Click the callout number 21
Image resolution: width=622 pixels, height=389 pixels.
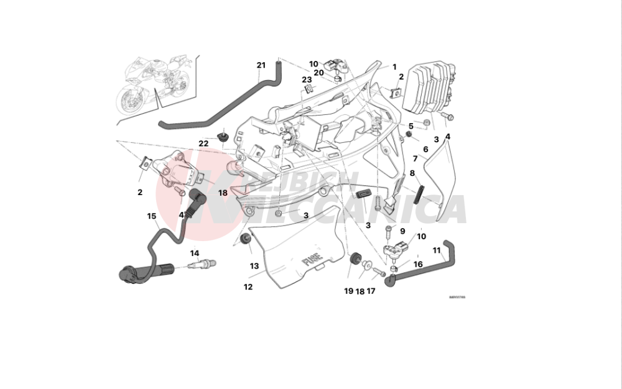pyautogui.click(x=261, y=65)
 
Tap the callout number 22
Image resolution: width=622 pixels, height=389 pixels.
pyautogui.click(x=203, y=144)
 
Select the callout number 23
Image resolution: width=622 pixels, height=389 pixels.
pyautogui.click(x=307, y=80)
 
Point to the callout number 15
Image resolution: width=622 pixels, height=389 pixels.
pyautogui.click(x=152, y=216)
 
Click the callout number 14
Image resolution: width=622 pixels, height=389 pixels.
pyautogui.click(x=195, y=253)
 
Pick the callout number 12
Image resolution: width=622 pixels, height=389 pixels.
pyautogui.click(x=248, y=287)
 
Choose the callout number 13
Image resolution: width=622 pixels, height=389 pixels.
pyautogui.click(x=254, y=266)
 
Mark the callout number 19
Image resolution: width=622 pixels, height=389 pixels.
pyautogui.click(x=348, y=291)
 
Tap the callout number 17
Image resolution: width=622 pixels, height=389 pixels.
pyautogui.click(x=371, y=291)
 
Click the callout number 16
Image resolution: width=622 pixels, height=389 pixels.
pyautogui.click(x=418, y=264)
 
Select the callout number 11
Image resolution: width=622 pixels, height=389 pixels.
pyautogui.click(x=437, y=250)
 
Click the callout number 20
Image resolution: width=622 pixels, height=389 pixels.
pyautogui.click(x=318, y=73)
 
